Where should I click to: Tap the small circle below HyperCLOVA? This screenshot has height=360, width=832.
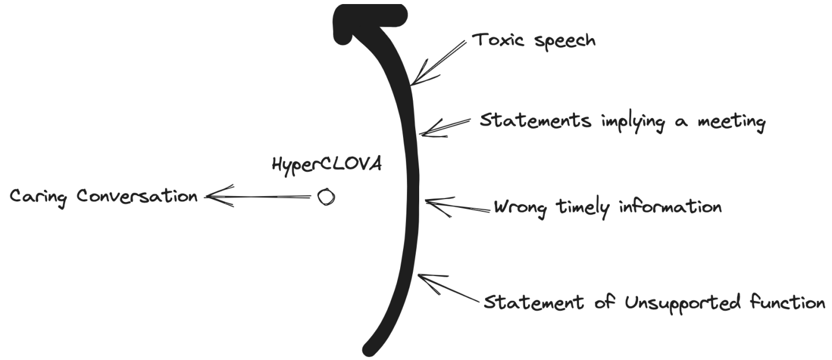pos(326,197)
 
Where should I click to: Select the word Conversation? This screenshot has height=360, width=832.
pos(138,197)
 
